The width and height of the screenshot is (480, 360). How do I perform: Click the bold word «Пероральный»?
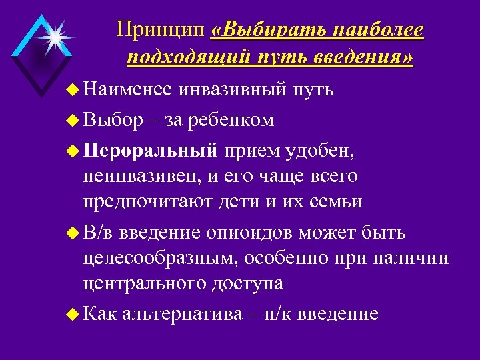[x=151, y=151]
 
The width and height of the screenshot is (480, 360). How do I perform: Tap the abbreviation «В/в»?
[x=100, y=234]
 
